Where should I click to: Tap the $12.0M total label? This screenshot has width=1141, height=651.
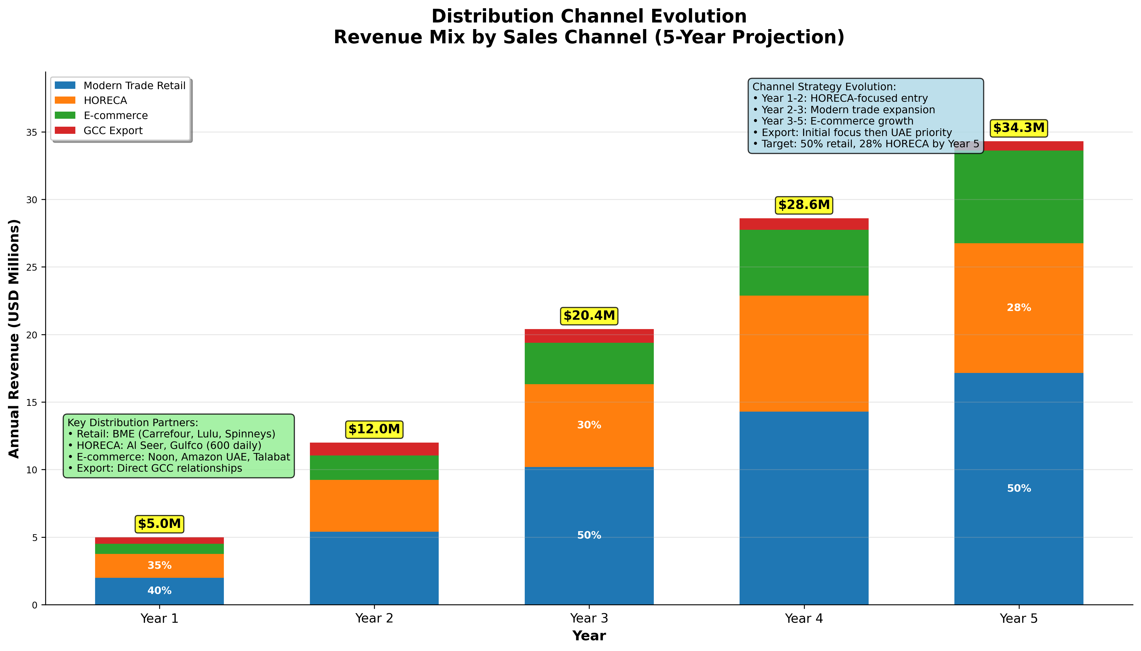(374, 429)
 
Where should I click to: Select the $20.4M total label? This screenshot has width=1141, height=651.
(589, 316)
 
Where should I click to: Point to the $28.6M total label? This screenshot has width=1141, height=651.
(804, 205)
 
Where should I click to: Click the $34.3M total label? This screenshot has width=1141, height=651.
(1019, 128)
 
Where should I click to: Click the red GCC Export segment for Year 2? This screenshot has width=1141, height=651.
(374, 449)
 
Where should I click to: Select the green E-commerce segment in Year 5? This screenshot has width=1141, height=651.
(1019, 197)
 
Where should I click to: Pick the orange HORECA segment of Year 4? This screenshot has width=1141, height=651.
(804, 353)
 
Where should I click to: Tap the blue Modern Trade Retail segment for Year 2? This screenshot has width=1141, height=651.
(374, 568)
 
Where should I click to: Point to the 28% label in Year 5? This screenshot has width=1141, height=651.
(1019, 308)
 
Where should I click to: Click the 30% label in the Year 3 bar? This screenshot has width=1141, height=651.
(589, 425)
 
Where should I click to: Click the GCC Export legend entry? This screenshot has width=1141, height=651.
(113, 131)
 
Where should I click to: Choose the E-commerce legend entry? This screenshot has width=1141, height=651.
(115, 115)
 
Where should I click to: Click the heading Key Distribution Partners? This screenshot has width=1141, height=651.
(133, 423)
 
